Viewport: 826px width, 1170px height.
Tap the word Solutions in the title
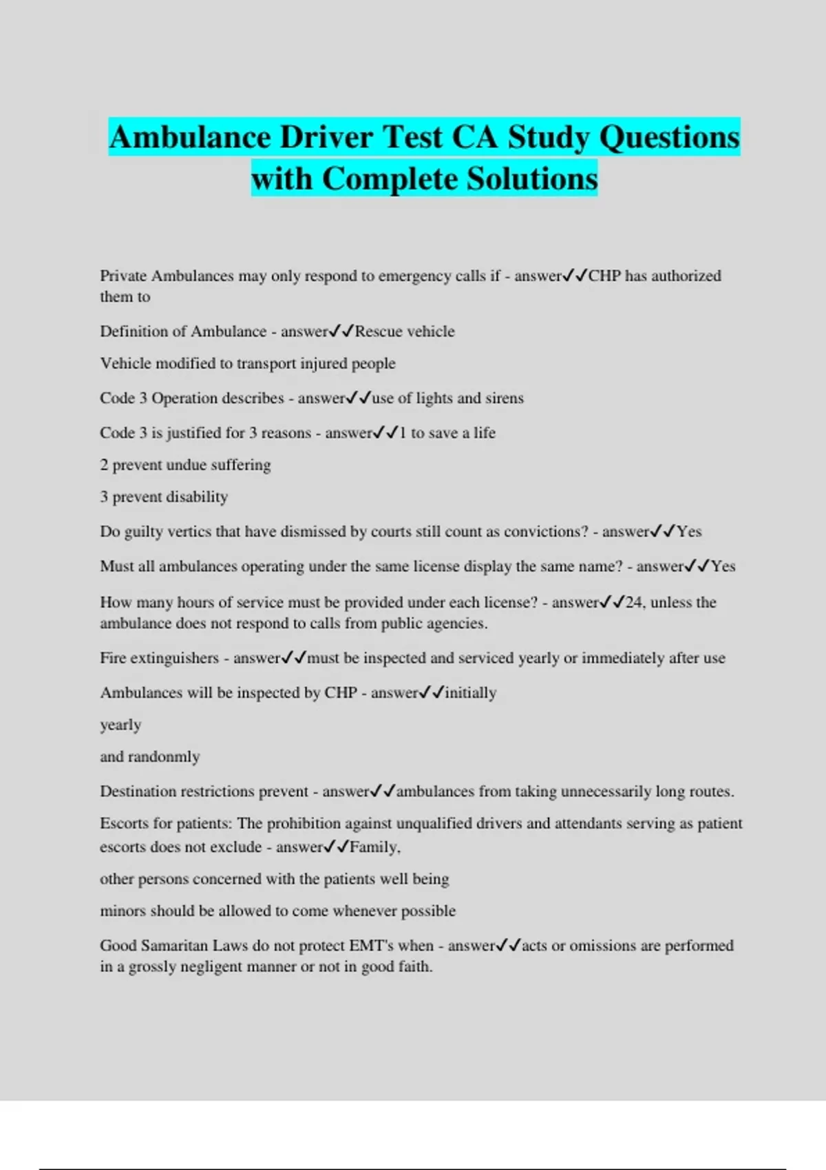click(x=532, y=179)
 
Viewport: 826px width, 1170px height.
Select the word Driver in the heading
click(x=327, y=137)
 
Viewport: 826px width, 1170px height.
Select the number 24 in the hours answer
click(x=633, y=603)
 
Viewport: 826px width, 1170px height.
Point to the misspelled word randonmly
click(x=163, y=757)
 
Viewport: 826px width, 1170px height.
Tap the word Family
click(x=374, y=847)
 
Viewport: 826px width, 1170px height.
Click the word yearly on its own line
click(x=120, y=725)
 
